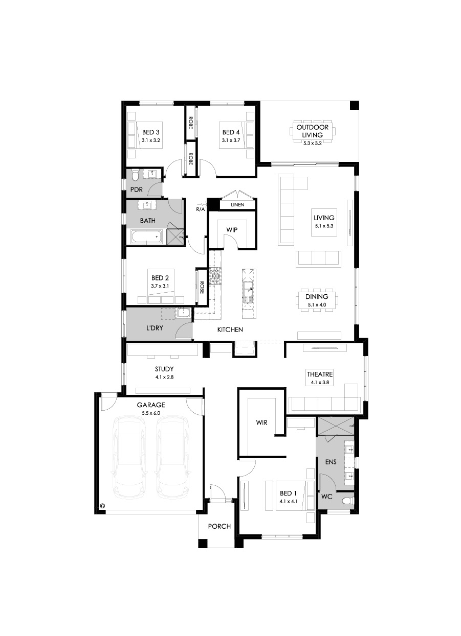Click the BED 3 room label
point(151,132)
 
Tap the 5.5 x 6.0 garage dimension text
point(151,413)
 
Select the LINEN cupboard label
point(237,204)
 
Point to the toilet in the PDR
point(134,174)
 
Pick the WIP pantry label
point(232,230)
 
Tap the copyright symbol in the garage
point(103,506)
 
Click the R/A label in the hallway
point(200,209)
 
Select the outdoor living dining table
point(312,132)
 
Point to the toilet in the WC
point(348,501)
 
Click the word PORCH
point(219,526)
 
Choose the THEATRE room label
point(320,374)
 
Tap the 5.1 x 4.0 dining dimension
point(317,304)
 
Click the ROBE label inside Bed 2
point(202,287)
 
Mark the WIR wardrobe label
point(261,422)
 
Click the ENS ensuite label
point(331,462)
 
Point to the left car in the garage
point(130,458)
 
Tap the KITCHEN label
point(230,329)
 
